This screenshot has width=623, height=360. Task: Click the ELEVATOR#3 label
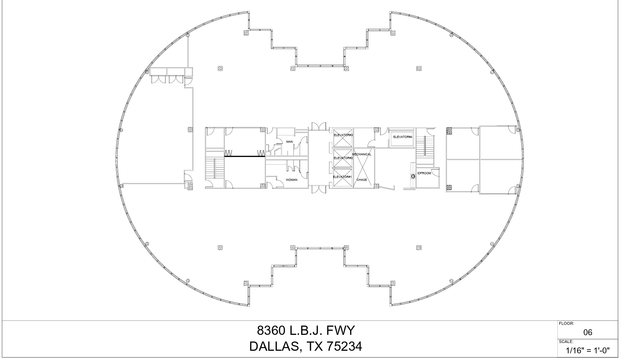[x=343, y=135]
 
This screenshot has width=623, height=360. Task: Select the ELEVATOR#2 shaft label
[x=343, y=158]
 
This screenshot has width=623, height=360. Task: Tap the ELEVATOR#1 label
[x=342, y=177]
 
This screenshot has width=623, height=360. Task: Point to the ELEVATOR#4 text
[x=402, y=137]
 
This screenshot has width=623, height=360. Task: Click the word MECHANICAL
[x=361, y=154]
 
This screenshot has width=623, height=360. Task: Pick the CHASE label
[x=362, y=180]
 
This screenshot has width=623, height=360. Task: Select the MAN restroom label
[x=289, y=142]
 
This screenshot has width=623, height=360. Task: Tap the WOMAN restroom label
[x=291, y=180]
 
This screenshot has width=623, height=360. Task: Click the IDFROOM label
[x=424, y=173]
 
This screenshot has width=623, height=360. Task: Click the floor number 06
[x=587, y=332]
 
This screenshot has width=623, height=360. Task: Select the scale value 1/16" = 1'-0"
[x=587, y=350]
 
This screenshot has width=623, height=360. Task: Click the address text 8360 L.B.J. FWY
[x=306, y=330]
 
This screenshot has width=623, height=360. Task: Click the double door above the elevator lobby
[x=318, y=126]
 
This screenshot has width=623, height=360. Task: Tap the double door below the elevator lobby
[x=318, y=190]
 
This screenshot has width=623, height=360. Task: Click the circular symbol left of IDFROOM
[x=413, y=176]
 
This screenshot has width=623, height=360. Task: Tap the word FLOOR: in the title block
[x=566, y=323]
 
